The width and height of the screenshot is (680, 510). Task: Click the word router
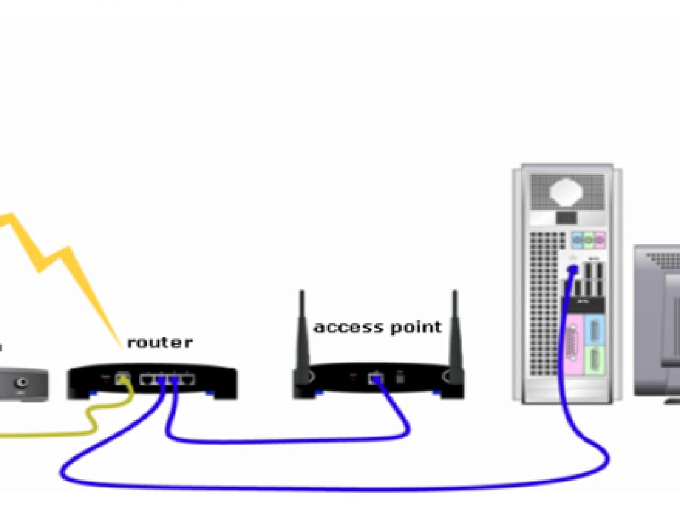[x=159, y=342]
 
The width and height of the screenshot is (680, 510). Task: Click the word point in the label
[x=416, y=328]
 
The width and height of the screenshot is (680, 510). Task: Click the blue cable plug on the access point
[x=375, y=379]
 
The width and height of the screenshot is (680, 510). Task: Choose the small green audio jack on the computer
[x=588, y=240]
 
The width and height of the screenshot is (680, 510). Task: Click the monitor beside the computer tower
[x=657, y=317]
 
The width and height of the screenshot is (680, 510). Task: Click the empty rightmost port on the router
[x=188, y=379]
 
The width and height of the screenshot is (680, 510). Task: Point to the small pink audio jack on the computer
[x=599, y=240]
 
